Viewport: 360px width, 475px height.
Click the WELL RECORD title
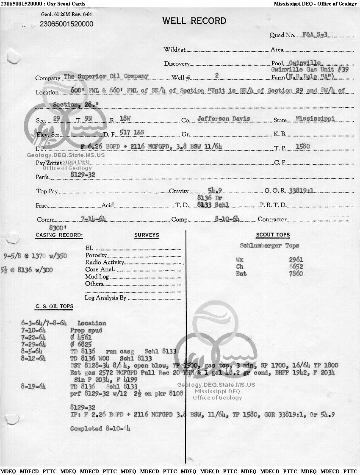pos(194,21)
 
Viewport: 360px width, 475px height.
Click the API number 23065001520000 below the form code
pos(66,24)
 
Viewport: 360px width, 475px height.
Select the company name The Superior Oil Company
pos(106,76)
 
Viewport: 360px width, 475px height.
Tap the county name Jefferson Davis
pos(224,119)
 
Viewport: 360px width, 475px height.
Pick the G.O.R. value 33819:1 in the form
pos(301,191)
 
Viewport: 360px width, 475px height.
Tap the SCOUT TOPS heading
pos(273,235)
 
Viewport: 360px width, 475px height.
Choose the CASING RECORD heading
pos(59,235)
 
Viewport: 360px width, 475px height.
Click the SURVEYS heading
pos(147,235)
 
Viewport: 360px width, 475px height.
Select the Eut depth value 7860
pos(296,274)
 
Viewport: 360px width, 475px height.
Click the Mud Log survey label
pos(97,276)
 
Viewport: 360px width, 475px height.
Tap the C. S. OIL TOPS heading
pos(54,306)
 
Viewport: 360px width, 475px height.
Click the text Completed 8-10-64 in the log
pos(100,428)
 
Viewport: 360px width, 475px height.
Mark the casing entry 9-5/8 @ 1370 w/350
pos(35,256)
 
